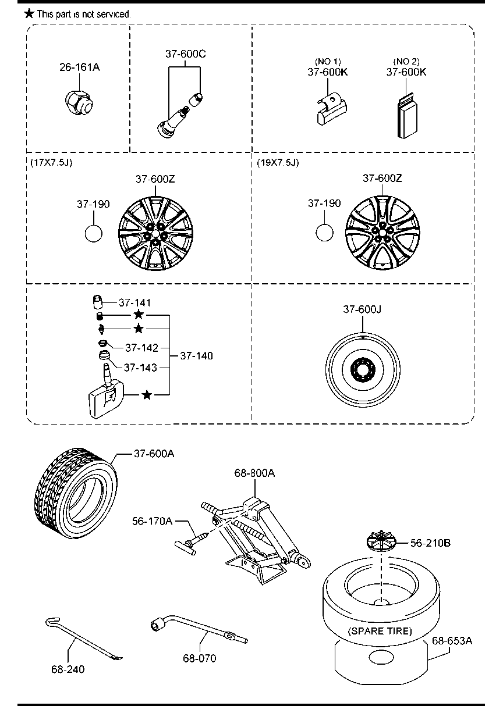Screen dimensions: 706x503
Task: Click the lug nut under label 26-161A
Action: pyautogui.click(x=79, y=102)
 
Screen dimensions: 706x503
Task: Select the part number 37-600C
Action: pyautogui.click(x=185, y=54)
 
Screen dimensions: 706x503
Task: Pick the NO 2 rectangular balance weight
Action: pyautogui.click(x=408, y=116)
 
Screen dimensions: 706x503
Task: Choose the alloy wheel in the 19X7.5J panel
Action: pyautogui.click(x=381, y=233)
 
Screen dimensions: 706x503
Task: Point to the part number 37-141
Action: pyautogui.click(x=134, y=302)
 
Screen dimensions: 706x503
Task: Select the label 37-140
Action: pyautogui.click(x=196, y=356)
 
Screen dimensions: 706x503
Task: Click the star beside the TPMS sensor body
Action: pyautogui.click(x=147, y=395)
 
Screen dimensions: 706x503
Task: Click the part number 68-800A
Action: pyautogui.click(x=254, y=473)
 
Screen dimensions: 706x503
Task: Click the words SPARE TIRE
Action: pyautogui.click(x=380, y=630)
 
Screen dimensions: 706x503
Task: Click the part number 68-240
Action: pyautogui.click(x=67, y=669)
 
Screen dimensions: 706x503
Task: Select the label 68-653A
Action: pyautogui.click(x=451, y=641)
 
